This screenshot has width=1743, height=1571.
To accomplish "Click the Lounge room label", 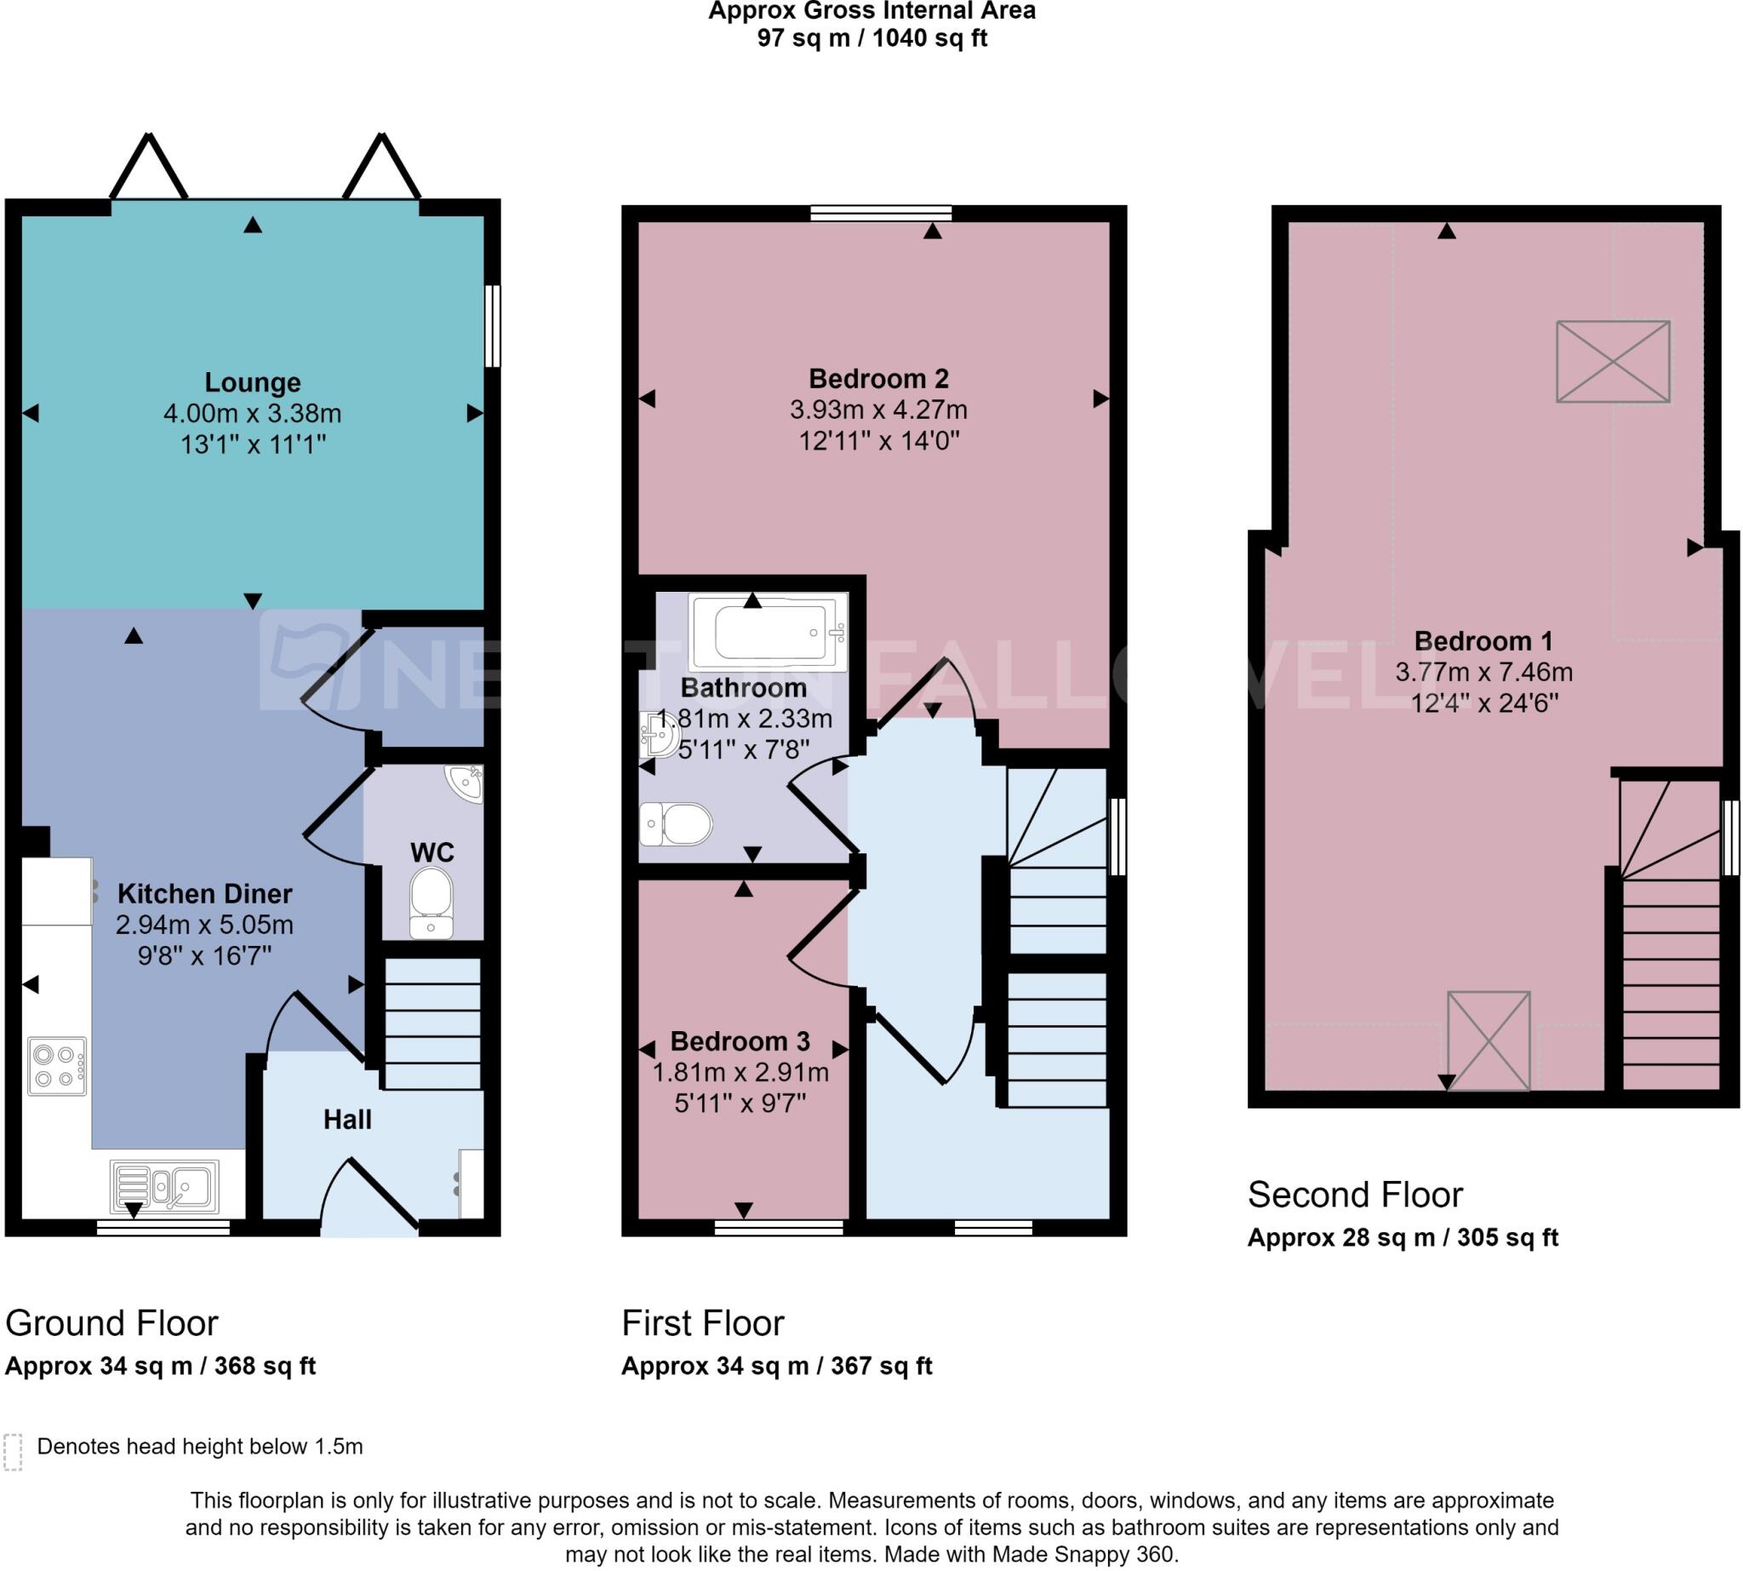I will point(252,382).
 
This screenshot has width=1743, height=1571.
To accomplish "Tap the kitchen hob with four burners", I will point(57,1067).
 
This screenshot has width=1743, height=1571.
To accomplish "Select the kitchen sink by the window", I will point(165,1186).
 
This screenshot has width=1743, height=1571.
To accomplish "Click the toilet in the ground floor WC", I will point(431,901).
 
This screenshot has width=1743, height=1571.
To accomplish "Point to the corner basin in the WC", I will point(466,783).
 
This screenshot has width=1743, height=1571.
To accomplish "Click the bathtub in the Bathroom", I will point(768,632).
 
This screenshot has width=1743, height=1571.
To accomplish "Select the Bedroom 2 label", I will point(877,379).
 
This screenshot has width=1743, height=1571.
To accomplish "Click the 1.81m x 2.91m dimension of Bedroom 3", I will point(740,1073).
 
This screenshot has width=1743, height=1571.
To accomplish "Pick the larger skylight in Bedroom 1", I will point(1612,362).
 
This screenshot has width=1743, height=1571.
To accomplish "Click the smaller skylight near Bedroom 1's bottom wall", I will point(1488,1041).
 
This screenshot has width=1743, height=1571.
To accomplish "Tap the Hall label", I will point(347,1120).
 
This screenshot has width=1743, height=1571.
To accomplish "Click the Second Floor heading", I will point(1354,1195).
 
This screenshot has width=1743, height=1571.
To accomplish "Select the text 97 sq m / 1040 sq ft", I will point(871,39).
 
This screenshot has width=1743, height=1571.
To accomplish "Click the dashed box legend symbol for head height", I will point(13,1452).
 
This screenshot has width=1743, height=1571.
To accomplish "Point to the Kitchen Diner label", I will point(204,893).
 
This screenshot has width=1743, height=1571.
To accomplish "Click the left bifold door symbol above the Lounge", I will point(148,169).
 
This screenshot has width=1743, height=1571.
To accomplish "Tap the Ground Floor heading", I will point(111,1323).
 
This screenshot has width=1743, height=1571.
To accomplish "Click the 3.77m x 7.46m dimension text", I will point(1483,672).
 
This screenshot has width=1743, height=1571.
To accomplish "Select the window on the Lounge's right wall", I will point(492,326).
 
